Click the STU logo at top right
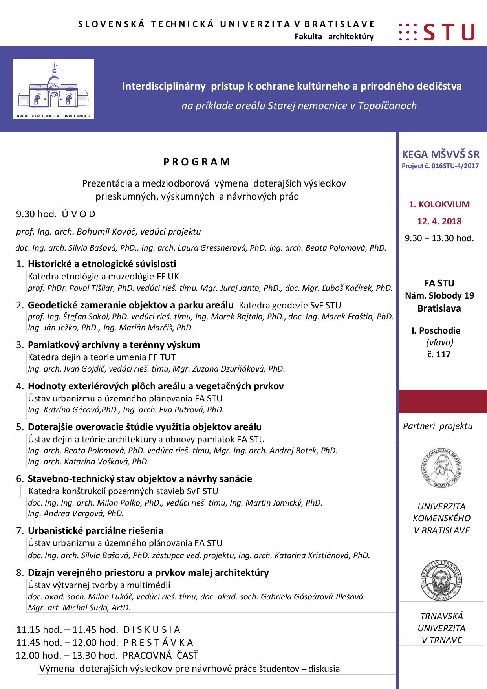tap(438, 32)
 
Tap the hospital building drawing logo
tap(53, 89)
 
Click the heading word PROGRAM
tap(197, 162)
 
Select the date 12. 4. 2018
tap(439, 221)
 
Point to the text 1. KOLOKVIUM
tap(439, 204)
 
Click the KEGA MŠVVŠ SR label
tap(440, 154)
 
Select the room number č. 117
tap(439, 355)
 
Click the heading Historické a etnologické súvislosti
tap(102, 264)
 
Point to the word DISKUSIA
tap(152, 630)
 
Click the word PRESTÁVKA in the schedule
tap(158, 643)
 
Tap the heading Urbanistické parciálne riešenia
tap(95, 531)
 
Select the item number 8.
tap(20, 573)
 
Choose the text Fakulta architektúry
tap(334, 37)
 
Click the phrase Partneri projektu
tap(438, 426)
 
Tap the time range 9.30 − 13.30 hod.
tap(439, 238)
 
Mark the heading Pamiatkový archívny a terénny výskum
tap(114, 345)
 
